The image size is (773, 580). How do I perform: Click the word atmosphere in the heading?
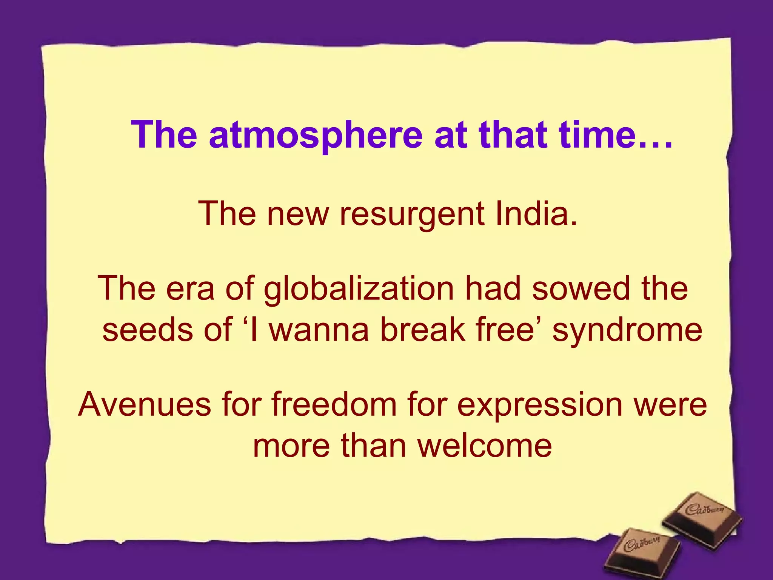(316, 135)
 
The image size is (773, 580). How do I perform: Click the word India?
(536, 213)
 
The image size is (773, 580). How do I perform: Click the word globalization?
(359, 289)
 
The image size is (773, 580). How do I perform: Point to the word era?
(190, 289)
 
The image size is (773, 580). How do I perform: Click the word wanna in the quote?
(319, 330)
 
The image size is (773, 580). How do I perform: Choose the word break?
(423, 330)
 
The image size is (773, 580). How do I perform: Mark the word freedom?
(334, 404)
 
